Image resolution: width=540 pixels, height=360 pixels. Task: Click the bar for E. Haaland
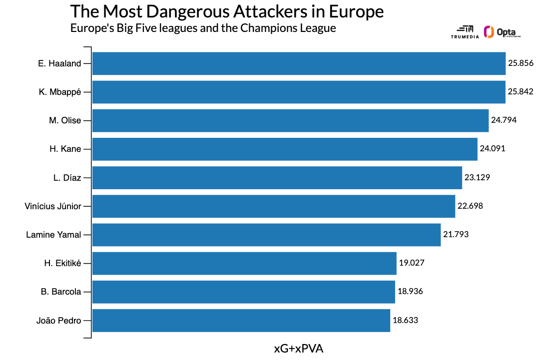coord(299,63)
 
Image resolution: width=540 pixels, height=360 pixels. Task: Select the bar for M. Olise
coord(290,120)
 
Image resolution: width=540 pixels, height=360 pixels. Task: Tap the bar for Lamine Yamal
coord(266,235)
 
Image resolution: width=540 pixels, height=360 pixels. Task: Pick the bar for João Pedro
coord(241,321)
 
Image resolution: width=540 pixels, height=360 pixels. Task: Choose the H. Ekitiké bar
coord(244,263)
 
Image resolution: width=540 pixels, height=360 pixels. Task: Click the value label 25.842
coord(521,92)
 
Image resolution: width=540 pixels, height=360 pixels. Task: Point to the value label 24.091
coord(493,149)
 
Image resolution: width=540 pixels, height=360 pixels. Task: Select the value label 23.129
coord(477,177)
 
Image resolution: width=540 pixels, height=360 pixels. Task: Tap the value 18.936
coord(410,292)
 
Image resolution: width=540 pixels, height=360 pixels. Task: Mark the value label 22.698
coord(470,206)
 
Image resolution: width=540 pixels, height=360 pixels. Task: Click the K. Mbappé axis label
coord(59,92)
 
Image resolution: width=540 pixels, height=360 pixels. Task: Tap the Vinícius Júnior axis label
coord(52,206)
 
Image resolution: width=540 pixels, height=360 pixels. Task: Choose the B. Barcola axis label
coord(61,292)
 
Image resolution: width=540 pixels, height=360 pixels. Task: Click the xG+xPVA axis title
coord(299,349)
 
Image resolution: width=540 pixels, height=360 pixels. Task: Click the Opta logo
coord(502,32)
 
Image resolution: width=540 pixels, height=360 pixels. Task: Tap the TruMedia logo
coord(465,32)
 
